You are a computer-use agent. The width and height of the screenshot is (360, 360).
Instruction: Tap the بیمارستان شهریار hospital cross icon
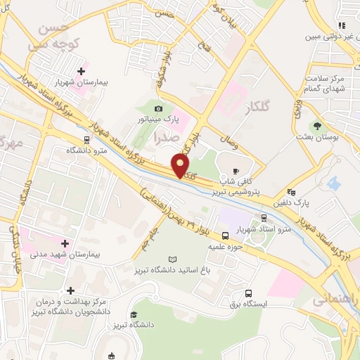(82, 71)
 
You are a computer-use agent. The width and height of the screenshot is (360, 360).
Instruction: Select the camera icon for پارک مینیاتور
(158, 108)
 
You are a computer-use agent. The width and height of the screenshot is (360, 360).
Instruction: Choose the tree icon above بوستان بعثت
(317, 128)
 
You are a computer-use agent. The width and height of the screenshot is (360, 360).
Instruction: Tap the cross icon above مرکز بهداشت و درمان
(70, 290)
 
